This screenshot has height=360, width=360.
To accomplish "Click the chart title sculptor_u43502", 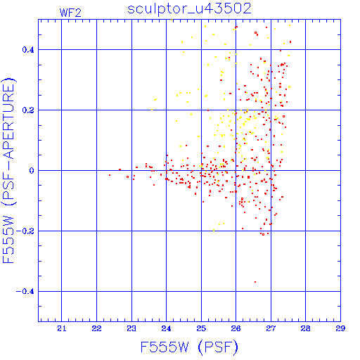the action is (189, 8).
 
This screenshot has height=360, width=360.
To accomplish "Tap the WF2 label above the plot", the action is (70, 13).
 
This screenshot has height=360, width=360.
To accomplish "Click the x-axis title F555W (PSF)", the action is (189, 347).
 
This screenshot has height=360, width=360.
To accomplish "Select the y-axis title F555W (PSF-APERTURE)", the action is (8, 171).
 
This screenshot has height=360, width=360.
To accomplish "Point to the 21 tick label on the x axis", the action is (62, 328).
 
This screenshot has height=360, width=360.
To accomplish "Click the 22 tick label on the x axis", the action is (96, 328).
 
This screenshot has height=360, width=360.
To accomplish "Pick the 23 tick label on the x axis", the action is (131, 328).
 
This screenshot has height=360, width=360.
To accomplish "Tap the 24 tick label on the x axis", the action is (166, 328).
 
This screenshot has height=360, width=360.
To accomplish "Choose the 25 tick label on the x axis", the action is (201, 328).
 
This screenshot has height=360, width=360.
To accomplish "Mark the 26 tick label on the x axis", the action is (236, 328).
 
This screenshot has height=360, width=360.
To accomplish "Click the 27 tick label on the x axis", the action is (271, 328).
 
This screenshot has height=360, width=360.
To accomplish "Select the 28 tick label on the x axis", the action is (305, 328).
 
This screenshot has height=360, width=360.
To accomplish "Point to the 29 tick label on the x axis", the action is (340, 328).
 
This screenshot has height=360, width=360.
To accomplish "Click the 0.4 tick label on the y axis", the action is (28, 50).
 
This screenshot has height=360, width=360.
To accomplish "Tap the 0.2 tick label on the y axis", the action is (28, 110).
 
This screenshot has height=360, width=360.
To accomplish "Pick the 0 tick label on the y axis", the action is (32, 171).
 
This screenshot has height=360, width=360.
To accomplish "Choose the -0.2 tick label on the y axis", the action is (25, 231).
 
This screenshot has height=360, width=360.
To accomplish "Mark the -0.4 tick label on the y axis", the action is (25, 292).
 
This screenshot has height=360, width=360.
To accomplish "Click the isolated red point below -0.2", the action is (255, 282).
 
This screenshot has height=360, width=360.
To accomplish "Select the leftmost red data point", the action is (110, 175).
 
